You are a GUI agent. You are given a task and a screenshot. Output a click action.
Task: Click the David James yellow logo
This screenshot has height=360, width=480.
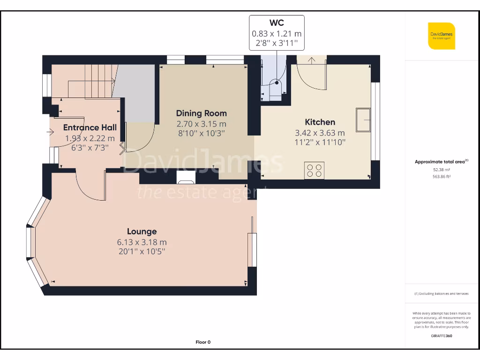coord(441,36)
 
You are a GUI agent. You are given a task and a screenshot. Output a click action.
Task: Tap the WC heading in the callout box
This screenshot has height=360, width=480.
coord(277,22)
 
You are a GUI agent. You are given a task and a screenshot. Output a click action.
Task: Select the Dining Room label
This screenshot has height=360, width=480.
coord(201,113)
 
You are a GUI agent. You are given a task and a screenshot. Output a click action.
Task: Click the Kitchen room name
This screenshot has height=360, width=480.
coord(320,122)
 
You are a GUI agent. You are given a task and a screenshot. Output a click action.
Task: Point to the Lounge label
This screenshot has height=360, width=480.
coord(142,232)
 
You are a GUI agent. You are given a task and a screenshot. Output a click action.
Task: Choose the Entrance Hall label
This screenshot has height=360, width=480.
coord(90,127)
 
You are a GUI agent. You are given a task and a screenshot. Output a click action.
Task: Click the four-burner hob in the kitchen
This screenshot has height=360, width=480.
coord(314,170)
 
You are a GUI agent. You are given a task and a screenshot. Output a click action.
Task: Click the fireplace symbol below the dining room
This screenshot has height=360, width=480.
coord(186,177)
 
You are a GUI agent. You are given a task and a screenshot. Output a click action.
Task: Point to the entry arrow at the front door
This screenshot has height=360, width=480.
coord(50,132)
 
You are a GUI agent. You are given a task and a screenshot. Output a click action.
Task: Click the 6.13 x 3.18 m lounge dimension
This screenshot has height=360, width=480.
coord(142,242)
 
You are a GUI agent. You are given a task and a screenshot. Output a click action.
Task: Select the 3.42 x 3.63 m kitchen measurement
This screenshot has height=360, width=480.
coord(320,133)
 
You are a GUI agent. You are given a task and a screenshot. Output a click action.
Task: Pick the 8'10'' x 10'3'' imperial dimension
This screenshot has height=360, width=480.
coord(201,133)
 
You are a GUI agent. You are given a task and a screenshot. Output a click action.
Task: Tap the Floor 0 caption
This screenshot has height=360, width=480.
coord(203,342)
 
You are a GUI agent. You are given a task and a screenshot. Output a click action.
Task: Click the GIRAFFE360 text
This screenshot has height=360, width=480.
coord(441,336)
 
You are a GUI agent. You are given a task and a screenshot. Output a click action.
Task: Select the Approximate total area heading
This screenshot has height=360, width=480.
coord(441,162)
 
